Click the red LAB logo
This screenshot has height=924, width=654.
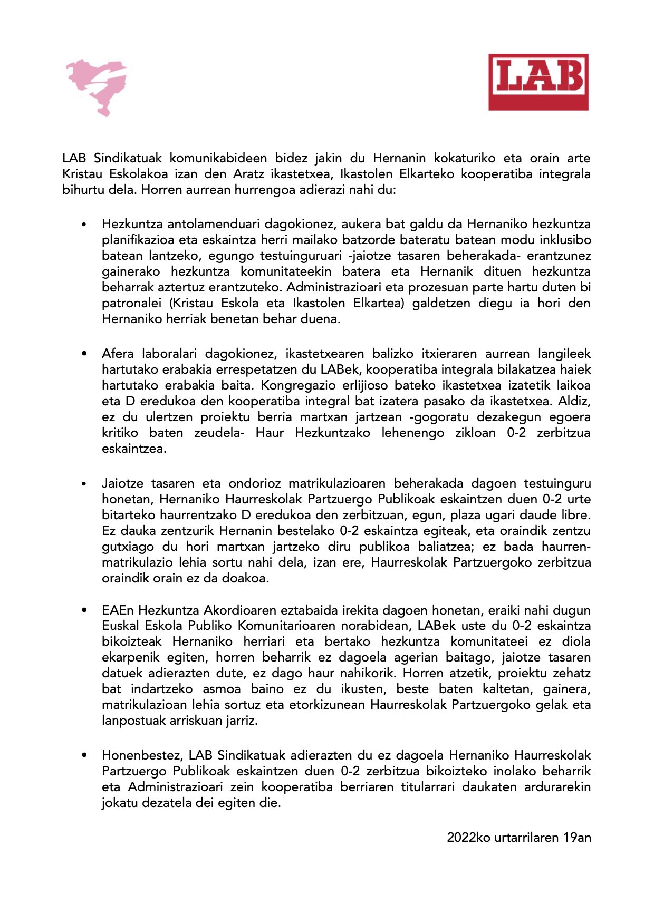point(538,82)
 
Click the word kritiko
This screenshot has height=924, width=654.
point(120,433)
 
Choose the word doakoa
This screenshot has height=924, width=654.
point(244,578)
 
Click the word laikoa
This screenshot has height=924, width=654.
point(573,385)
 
